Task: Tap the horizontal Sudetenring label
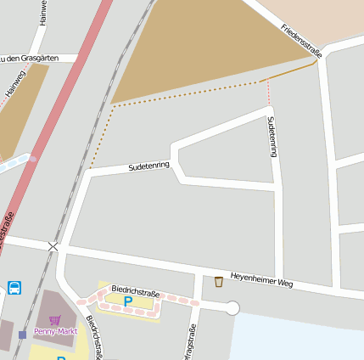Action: (149, 166)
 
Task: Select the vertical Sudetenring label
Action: (272, 137)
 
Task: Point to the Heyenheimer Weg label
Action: (261, 279)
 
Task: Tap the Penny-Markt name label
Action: (55, 332)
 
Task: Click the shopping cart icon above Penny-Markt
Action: (55, 319)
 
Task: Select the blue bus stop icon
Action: (14, 288)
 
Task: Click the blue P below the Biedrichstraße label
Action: (128, 301)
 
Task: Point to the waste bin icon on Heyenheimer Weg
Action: (218, 282)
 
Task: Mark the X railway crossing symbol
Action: (54, 246)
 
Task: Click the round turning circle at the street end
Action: (232, 307)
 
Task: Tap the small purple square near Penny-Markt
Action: (22, 335)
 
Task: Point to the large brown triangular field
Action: (195, 47)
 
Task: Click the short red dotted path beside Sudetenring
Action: (268, 93)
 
